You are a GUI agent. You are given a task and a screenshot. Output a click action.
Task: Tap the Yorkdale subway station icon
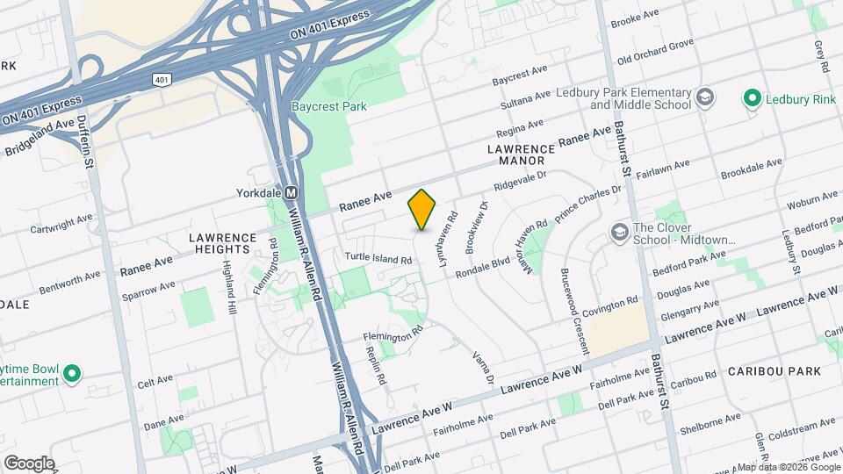(x=292, y=192)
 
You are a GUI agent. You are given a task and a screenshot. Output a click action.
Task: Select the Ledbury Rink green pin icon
(x=752, y=98)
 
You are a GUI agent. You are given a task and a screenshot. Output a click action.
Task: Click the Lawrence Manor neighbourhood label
(x=521, y=155)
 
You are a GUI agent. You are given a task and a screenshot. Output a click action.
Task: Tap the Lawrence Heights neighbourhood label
(x=223, y=244)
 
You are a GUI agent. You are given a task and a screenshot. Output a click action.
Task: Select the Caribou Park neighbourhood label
(x=775, y=371)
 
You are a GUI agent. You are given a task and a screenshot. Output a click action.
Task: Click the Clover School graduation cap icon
(x=619, y=233)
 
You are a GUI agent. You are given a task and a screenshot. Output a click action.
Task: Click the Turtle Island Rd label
(x=378, y=260)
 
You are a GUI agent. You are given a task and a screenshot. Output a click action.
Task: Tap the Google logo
(x=29, y=463)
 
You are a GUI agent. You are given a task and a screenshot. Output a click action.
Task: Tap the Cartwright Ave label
(x=60, y=223)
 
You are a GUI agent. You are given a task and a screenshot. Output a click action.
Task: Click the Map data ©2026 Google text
(x=788, y=467)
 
